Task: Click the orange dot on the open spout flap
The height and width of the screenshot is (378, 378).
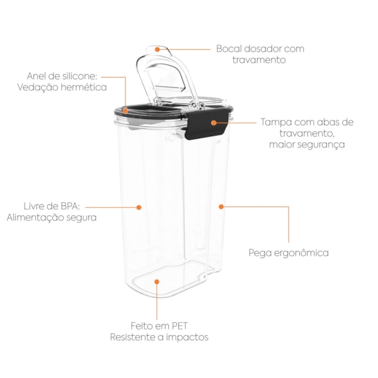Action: tap(157, 49)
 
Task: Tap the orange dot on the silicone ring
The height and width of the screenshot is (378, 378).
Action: tap(125, 111)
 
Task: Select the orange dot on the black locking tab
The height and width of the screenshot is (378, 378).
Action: tap(214, 123)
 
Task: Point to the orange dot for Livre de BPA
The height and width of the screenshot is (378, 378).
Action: tap(139, 207)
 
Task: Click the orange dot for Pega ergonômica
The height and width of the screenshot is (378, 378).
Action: tap(221, 207)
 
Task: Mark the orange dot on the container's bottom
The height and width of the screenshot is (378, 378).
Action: tap(157, 282)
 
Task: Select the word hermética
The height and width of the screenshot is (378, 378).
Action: tap(83, 87)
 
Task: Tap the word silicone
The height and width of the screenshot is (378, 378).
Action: tap(79, 76)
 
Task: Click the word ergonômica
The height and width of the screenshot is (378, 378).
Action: tap(301, 253)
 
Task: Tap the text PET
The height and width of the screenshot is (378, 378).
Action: tap(180, 326)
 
